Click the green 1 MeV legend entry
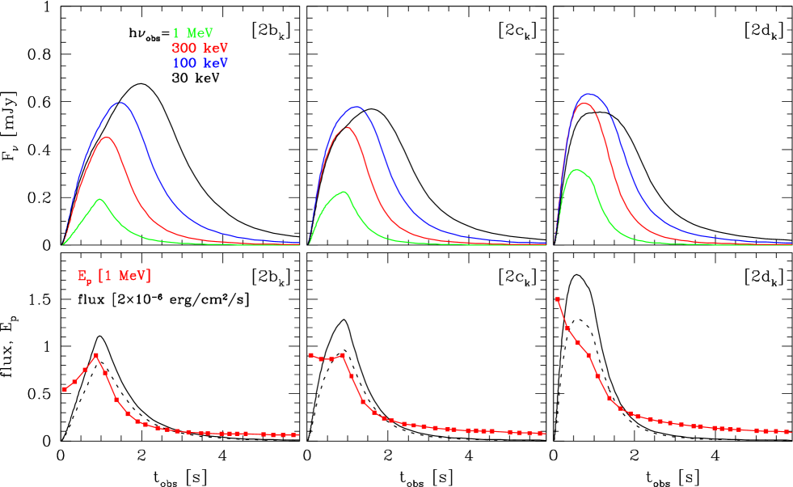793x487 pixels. click(x=192, y=33)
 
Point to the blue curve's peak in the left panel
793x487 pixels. click(x=120, y=103)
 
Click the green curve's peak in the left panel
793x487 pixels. click(x=100, y=199)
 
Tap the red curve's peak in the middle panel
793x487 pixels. click(x=348, y=127)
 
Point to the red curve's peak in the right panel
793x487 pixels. click(x=584, y=103)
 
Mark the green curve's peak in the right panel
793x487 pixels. click(x=576, y=170)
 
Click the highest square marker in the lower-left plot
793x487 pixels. click(x=96, y=355)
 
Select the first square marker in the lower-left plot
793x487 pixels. click(x=65, y=390)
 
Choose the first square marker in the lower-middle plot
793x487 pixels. click(x=310, y=354)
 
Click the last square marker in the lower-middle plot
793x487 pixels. click(x=540, y=434)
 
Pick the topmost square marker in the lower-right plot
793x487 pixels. click(x=557, y=299)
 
